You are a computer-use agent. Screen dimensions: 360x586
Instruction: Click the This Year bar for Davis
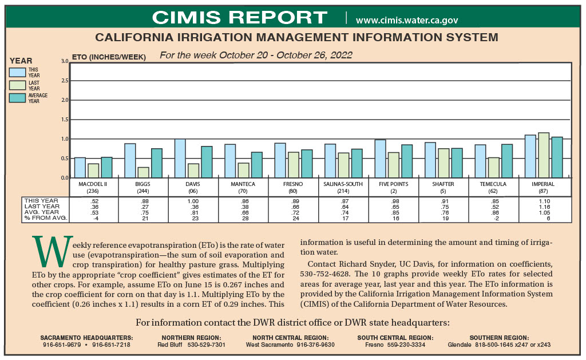[x=180, y=159]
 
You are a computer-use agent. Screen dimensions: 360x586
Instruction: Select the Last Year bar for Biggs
[x=143, y=172]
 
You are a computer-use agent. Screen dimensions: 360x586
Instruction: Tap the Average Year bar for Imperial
[x=557, y=157]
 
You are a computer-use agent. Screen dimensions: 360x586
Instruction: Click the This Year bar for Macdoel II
[x=80, y=168]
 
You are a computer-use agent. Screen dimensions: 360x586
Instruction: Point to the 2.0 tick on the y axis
[x=65, y=100]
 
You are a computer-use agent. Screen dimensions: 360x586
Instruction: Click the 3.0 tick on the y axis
[x=65, y=61]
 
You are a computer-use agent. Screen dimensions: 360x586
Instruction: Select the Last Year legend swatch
[x=17, y=85]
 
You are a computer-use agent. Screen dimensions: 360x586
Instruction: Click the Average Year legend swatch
[x=17, y=98]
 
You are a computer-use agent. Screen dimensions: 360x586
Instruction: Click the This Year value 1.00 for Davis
[x=194, y=201]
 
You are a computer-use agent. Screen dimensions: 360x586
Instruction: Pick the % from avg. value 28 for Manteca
[x=244, y=218]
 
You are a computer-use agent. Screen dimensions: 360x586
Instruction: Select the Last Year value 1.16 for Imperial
[x=544, y=207]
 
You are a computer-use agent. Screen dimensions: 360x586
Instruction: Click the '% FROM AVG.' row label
[x=45, y=218]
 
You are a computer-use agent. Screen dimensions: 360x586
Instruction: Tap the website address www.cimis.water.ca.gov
[x=406, y=20]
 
